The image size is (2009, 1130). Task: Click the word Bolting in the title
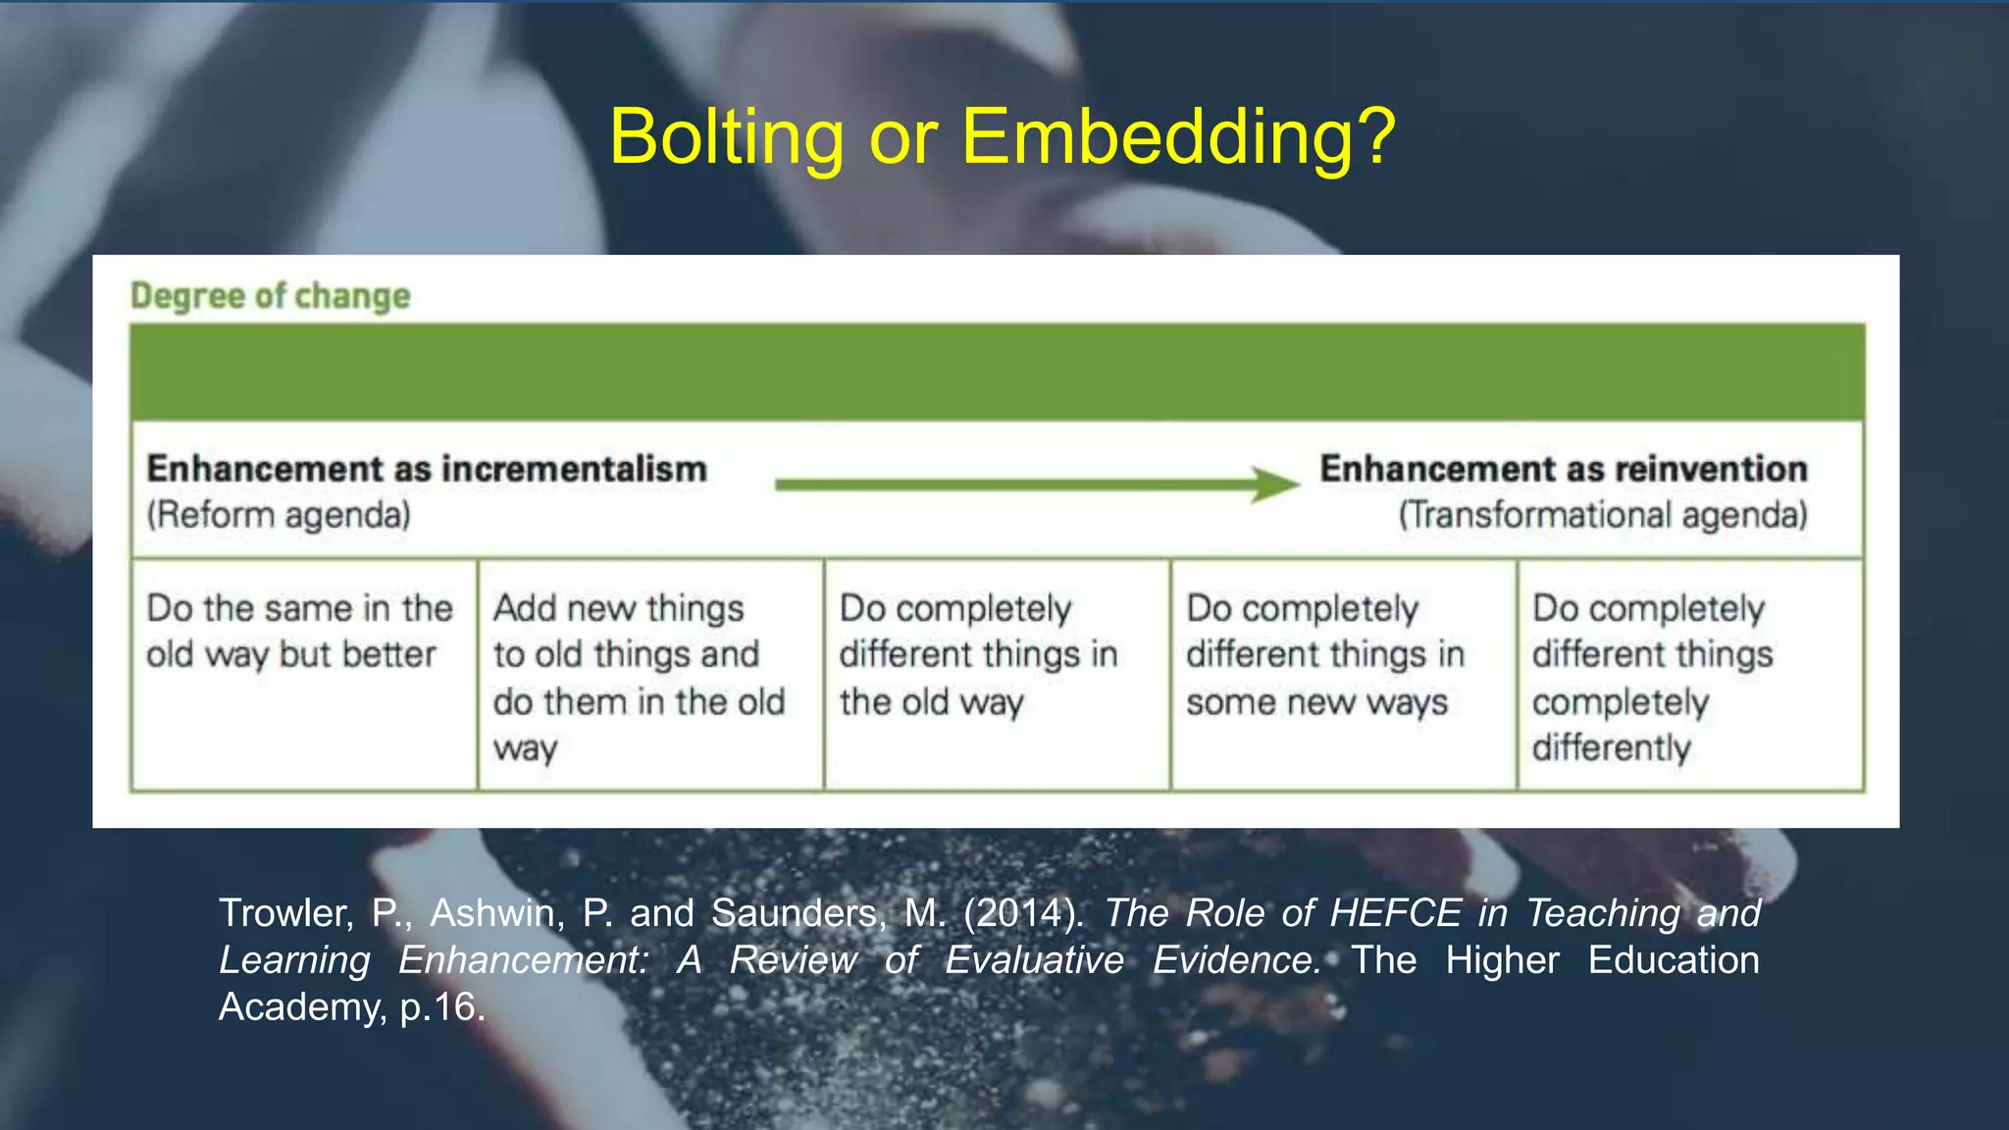coord(726,137)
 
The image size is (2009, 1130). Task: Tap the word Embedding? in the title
coord(1178,137)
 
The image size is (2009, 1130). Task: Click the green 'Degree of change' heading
coord(271,295)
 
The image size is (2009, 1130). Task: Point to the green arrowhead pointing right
coord(1275,484)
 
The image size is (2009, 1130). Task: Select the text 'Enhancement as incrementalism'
coord(427,469)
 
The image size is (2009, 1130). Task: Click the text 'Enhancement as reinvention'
coord(1563,469)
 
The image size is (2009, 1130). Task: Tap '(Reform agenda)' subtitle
coord(279,515)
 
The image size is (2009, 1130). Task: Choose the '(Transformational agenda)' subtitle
coord(1602,515)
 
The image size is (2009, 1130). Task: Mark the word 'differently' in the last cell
coord(1611,748)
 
